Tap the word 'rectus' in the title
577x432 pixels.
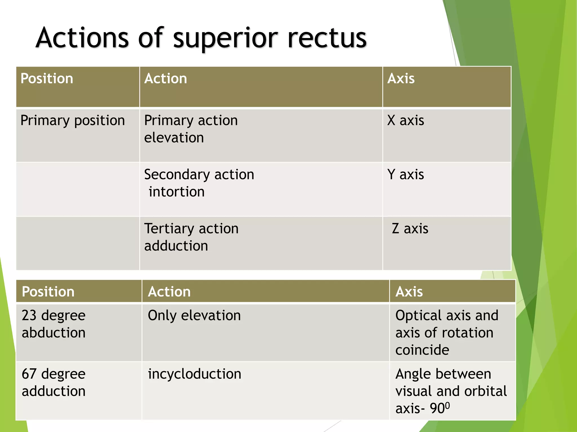(327, 38)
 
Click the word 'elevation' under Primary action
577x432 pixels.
(174, 138)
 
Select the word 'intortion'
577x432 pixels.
(177, 192)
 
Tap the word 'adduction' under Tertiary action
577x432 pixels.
(176, 246)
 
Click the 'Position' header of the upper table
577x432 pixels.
(47, 78)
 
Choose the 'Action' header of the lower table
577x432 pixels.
(169, 292)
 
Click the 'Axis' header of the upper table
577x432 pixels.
(401, 78)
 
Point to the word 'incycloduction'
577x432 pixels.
(195, 374)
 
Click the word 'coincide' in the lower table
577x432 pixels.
(422, 350)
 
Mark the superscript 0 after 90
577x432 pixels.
(448, 405)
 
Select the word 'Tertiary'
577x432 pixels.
(168, 229)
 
